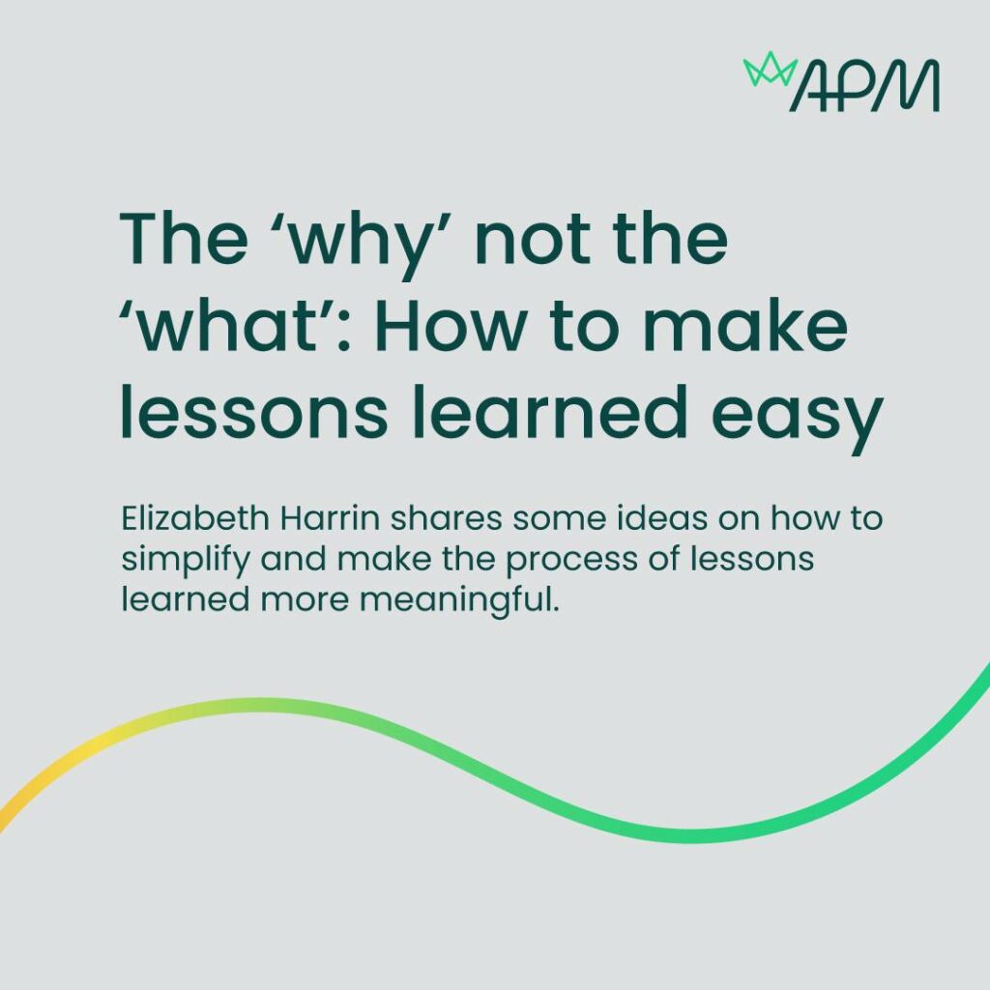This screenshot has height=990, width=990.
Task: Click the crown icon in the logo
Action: tap(771, 69)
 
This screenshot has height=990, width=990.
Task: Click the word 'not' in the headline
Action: tap(533, 241)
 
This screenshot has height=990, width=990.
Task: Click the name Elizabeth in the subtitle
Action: tap(195, 518)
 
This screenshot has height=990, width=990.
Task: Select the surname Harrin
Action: tap(330, 518)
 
